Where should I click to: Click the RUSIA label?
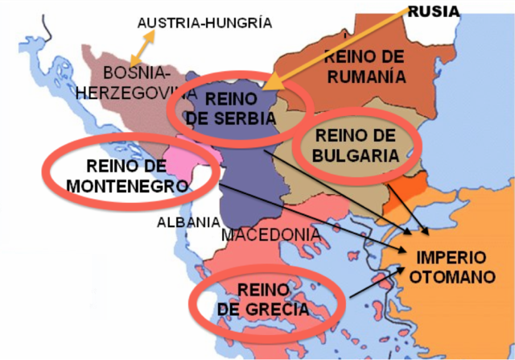click(434, 11)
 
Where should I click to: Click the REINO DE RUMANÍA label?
click(364, 66)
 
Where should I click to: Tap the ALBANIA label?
click(187, 221)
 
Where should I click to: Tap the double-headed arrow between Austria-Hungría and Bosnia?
click(142, 48)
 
